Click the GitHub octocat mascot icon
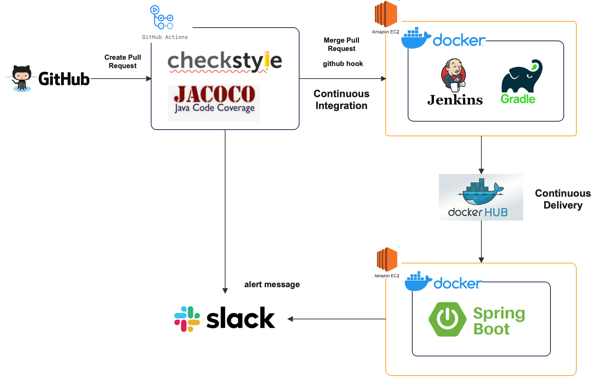(x=22, y=78)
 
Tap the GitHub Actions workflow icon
(x=162, y=17)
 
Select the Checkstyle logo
(x=224, y=61)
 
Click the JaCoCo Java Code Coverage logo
(x=214, y=103)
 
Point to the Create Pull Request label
(x=123, y=61)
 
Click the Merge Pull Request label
(x=341, y=44)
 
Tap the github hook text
(x=343, y=64)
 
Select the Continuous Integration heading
(x=341, y=100)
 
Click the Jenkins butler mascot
(x=453, y=74)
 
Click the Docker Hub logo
(x=481, y=197)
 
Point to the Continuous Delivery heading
(x=563, y=199)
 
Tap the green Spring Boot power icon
(x=448, y=319)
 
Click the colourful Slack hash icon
(x=187, y=319)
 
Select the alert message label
(x=272, y=284)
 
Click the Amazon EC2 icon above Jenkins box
(x=386, y=14)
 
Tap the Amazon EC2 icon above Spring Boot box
(x=387, y=259)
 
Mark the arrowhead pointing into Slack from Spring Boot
(x=290, y=319)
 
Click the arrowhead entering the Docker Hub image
(x=481, y=171)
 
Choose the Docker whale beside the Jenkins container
(x=416, y=38)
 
